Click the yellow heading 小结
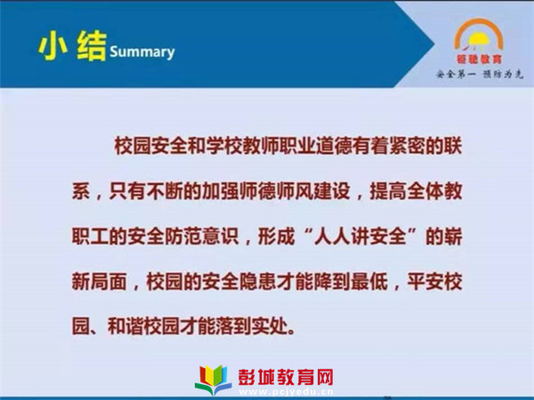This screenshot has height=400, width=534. [72, 46]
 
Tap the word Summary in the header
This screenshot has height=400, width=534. [142, 52]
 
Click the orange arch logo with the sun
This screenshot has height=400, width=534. [479, 35]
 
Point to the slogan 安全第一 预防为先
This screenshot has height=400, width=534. [480, 74]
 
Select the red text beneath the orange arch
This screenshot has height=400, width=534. [479, 60]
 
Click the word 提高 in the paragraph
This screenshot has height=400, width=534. [388, 191]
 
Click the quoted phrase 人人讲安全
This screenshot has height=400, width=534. [360, 236]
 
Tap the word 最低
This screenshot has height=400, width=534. [369, 282]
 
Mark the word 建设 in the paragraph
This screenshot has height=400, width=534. [331, 191]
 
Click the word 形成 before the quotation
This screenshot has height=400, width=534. [277, 236]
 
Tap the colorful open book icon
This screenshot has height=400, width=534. [214, 380]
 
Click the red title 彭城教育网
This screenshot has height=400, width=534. [286, 377]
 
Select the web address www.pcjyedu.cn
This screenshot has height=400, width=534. [286, 391]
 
